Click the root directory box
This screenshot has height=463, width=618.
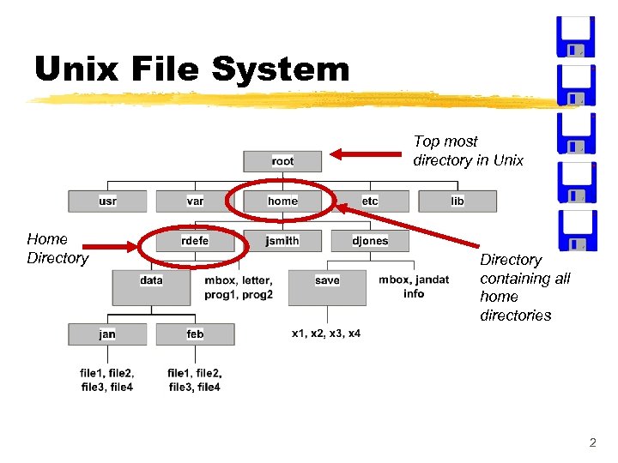tap(282, 160)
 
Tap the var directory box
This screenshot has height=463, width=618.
tap(195, 201)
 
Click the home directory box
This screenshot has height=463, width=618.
tap(282, 201)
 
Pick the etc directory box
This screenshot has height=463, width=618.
tap(370, 201)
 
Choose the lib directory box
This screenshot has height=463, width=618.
tap(457, 201)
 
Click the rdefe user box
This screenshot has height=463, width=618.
tap(195, 241)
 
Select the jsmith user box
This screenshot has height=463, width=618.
tap(282, 241)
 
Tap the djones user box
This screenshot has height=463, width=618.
tap(370, 241)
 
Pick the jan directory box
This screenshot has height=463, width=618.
tap(107, 334)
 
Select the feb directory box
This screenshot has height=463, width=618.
tap(195, 334)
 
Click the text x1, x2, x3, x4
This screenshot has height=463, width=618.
tap(326, 334)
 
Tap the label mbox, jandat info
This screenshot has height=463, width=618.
tap(414, 286)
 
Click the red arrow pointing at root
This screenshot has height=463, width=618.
tap(360, 154)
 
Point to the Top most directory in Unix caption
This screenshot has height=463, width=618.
tap(468, 151)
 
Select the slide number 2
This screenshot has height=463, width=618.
tap(592, 443)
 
